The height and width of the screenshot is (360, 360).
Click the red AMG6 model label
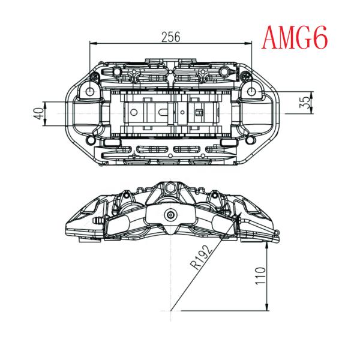[x=295, y=38]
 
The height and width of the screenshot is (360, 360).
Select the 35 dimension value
[x=306, y=102]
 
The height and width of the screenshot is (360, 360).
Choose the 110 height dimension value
[x=258, y=278]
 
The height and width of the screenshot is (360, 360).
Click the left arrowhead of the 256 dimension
[x=92, y=44]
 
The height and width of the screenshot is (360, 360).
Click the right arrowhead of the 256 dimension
[x=250, y=44]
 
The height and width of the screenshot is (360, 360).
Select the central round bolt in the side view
[x=172, y=215]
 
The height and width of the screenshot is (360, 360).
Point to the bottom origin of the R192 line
[x=172, y=311]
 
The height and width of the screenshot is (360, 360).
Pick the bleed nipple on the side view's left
[x=98, y=221]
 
